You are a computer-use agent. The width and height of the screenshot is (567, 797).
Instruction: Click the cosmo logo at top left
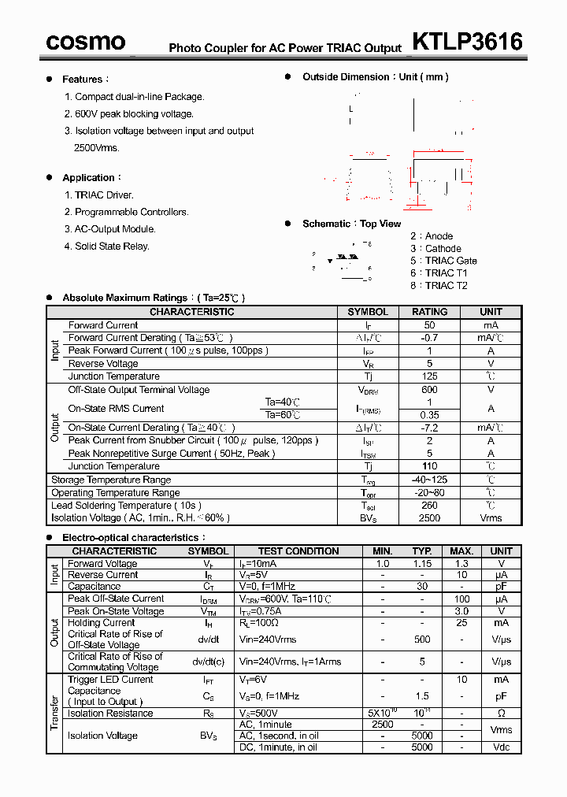[85, 42]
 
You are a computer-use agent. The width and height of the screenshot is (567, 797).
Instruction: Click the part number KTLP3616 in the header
[467, 41]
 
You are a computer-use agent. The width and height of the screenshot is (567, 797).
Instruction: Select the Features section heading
[83, 80]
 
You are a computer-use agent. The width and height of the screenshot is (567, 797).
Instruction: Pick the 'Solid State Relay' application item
[112, 247]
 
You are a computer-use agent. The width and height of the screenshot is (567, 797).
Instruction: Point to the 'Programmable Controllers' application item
[132, 212]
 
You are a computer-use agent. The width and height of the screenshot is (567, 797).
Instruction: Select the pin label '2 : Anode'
[432, 236]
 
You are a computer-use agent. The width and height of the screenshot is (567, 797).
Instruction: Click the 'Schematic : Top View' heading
[351, 224]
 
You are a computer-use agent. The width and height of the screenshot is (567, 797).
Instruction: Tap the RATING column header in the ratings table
[429, 312]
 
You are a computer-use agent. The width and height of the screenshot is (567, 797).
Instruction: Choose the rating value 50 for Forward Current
[429, 325]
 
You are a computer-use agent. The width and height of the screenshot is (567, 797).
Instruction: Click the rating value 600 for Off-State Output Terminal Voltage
[429, 390]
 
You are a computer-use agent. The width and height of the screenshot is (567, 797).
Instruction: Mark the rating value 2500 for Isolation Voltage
[429, 518]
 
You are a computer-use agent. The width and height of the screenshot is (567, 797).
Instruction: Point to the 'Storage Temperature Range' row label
[111, 480]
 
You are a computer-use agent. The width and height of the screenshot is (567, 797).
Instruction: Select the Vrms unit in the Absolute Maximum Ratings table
[491, 518]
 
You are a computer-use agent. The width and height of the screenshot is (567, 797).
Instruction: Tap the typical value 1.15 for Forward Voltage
[423, 564]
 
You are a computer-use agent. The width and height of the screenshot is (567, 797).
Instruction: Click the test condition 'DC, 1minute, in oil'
[278, 747]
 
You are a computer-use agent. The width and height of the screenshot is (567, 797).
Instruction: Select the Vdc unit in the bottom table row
[501, 747]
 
